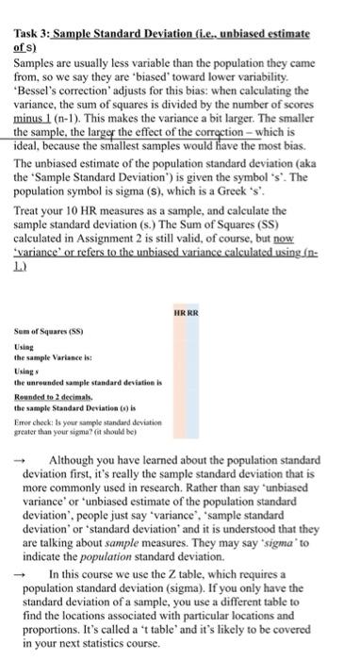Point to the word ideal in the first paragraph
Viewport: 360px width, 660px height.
coord(27,150)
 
